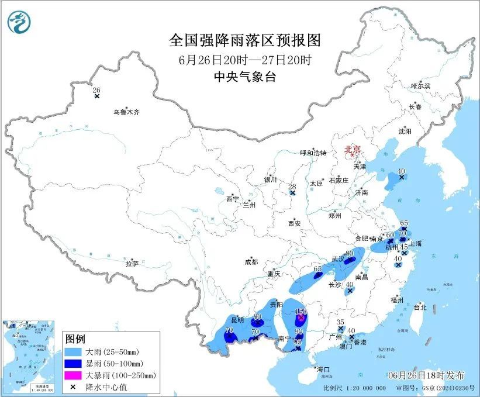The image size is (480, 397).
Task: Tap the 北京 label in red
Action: click(353, 149)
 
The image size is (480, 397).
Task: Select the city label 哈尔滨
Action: click(420, 86)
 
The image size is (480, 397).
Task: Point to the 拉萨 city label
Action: click(132, 264)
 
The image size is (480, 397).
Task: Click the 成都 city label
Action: click(251, 263)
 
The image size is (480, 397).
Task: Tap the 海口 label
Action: click(323, 370)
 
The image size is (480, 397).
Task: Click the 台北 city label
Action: click(420, 307)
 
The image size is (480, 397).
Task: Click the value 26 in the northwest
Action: click(97, 90)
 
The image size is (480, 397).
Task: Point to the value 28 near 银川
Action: click(292, 187)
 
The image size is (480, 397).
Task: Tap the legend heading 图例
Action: click(75, 339)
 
